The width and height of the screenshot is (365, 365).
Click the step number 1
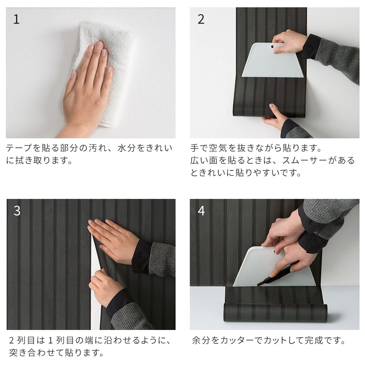click(16, 19)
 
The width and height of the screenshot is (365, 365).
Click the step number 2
click(201, 19)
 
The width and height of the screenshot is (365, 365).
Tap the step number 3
click(17, 211)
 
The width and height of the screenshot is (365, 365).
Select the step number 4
click(201, 211)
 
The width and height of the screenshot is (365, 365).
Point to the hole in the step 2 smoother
click(272, 47)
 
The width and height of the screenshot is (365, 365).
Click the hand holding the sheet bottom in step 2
click(276, 116)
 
